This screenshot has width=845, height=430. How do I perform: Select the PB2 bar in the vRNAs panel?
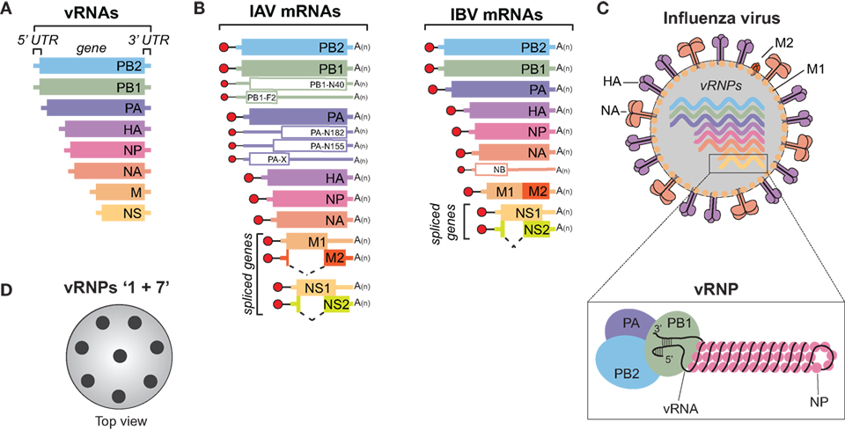(93, 65)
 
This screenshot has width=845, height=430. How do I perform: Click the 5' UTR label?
(34, 40)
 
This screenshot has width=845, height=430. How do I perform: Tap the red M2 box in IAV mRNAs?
(334, 258)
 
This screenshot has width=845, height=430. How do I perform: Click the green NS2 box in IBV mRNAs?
(538, 230)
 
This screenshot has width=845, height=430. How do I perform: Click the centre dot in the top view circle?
(119, 356)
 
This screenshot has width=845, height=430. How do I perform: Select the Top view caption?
(119, 420)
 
